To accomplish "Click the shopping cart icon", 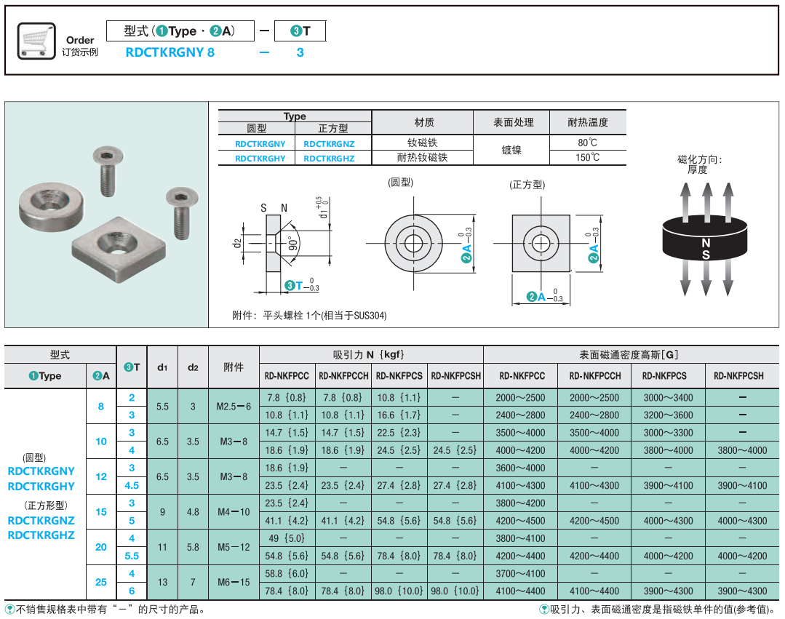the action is (x=36, y=41).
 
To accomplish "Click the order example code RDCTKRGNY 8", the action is (x=170, y=52).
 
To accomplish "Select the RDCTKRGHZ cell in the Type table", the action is (x=329, y=159).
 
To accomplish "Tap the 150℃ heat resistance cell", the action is (x=587, y=158).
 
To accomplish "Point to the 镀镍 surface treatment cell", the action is (x=511, y=150).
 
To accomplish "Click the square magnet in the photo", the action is (x=119, y=249).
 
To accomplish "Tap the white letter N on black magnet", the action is (x=706, y=243).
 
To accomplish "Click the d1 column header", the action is (x=162, y=367).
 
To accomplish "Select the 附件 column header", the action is (x=234, y=367).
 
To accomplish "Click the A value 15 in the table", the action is (x=101, y=512).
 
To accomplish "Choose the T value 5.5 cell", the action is (x=132, y=556).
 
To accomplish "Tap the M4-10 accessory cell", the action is (x=234, y=512).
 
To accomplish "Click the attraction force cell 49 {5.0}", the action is (x=287, y=538).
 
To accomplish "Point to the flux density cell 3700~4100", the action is (x=520, y=573).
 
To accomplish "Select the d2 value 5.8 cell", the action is (x=193, y=547).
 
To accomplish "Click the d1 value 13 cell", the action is (x=162, y=582).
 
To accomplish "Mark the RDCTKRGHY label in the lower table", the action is (x=41, y=487).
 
